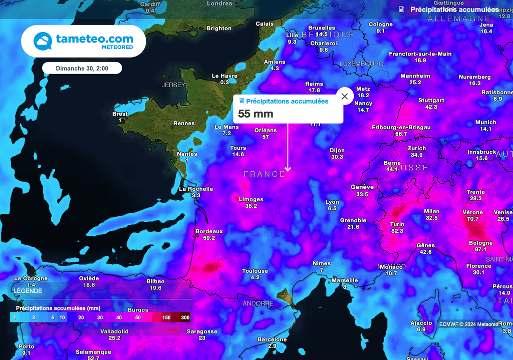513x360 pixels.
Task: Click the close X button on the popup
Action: pos(345,96)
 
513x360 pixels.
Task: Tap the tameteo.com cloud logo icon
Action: pos(42,41)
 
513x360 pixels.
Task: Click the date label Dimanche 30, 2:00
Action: pos(82,68)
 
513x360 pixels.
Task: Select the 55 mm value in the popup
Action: pos(255,114)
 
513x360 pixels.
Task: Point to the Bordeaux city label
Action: pos(209,231)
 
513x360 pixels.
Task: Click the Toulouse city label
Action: pos(255,271)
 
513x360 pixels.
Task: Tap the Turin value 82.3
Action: pos(397,231)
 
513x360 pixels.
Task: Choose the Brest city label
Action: pos(120,114)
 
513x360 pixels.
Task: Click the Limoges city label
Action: pos(251,199)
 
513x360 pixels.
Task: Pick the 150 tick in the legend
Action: pos(166,317)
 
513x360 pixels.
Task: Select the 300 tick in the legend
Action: pos(185,317)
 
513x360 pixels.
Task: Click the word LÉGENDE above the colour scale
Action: pos(28,291)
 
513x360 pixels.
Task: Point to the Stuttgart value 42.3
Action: pos(431,107)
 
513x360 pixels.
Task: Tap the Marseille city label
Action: pos(345,280)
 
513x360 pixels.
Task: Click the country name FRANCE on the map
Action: pos(264,174)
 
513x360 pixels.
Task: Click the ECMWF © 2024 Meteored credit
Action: pos(469,324)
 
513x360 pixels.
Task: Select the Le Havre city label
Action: pos(224,76)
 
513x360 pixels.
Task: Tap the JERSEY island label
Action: pos(173,85)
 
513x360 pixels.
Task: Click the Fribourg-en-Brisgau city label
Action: pos(401,127)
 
